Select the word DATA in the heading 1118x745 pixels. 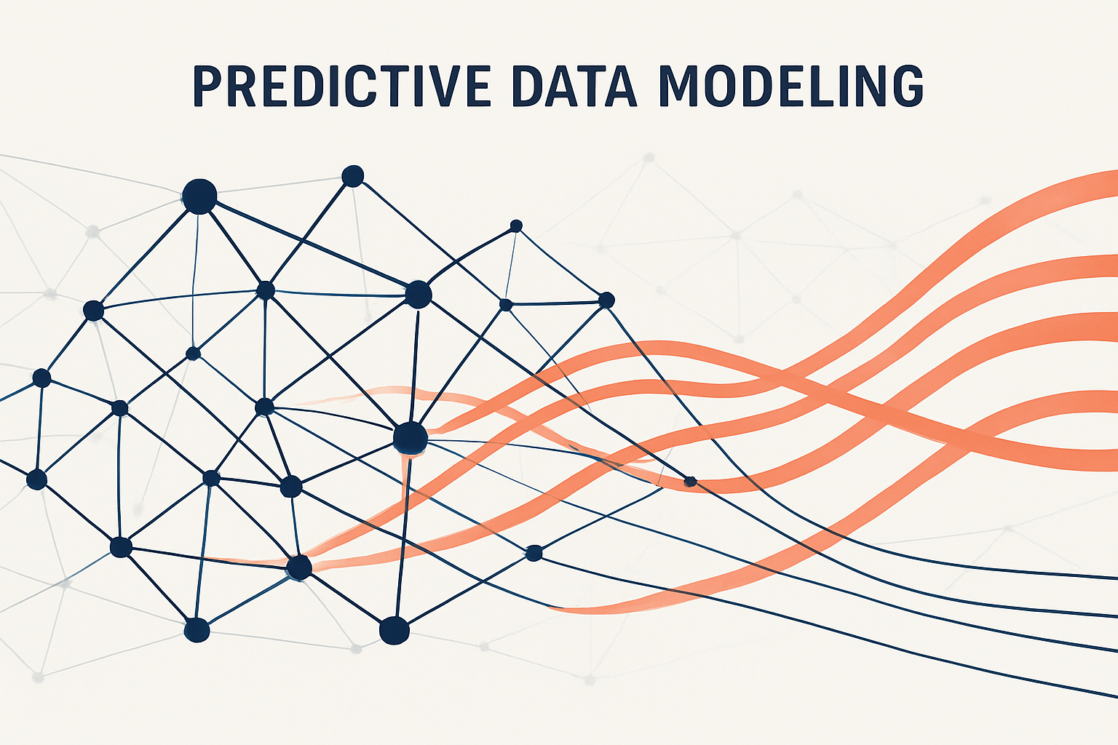click(x=574, y=86)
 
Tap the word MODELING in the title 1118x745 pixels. click(x=790, y=86)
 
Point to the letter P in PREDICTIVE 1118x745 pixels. click(x=207, y=86)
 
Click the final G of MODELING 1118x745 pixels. click(x=905, y=86)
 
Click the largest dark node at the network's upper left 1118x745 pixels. click(x=199, y=196)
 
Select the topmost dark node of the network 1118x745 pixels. click(x=352, y=175)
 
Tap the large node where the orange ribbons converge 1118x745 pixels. click(x=410, y=438)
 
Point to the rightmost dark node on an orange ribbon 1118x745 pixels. click(x=690, y=481)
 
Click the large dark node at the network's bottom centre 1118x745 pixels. click(x=394, y=630)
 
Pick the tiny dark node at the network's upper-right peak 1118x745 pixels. click(x=516, y=226)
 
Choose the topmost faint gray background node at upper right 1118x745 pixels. click(x=648, y=157)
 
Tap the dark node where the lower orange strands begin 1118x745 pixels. click(x=299, y=567)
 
